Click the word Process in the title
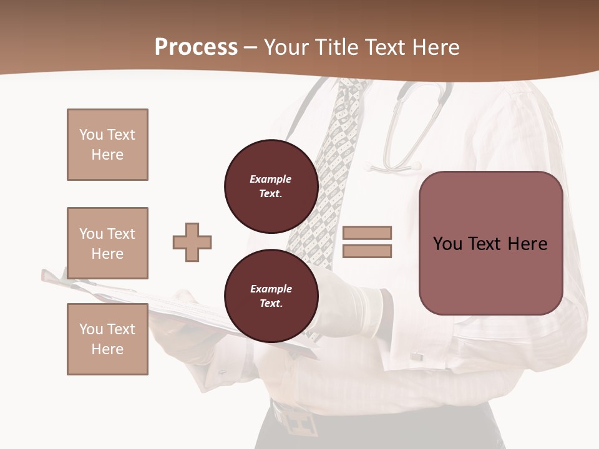tap(196, 47)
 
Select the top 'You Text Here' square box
tap(107, 145)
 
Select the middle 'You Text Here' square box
tap(107, 243)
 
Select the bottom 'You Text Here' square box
tap(107, 339)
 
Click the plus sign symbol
tap(192, 242)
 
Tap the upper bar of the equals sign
tap(367, 233)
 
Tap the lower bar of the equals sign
tap(367, 251)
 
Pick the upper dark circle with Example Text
tap(271, 186)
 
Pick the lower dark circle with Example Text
tap(271, 296)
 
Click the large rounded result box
tap(490, 243)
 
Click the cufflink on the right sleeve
tap(416, 356)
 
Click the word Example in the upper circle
tap(270, 179)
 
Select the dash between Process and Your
tap(251, 47)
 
